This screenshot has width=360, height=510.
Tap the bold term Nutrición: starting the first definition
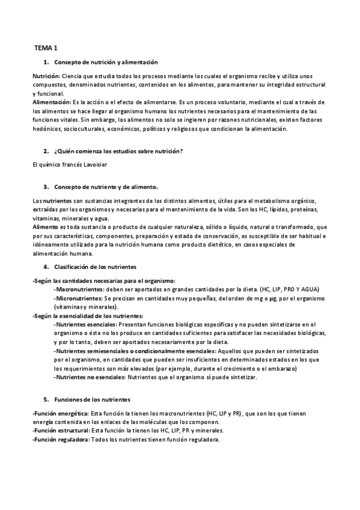[46, 76]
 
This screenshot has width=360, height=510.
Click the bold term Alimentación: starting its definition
[52, 103]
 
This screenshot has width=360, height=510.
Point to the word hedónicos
[46, 129]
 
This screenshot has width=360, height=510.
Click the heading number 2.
[46, 150]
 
